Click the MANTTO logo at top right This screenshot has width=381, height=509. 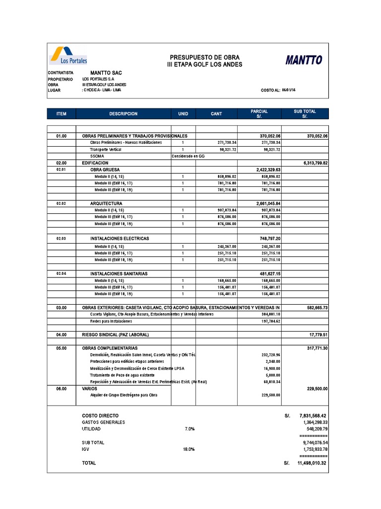coord(303,61)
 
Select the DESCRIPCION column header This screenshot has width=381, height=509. coord(124,114)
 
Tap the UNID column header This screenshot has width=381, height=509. coord(183,114)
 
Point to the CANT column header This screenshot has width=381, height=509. coord(216,114)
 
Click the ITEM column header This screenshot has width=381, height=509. coord(62,114)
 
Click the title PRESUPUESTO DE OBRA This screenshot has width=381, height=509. coord(204,58)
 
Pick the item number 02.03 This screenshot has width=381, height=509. coord(61,239)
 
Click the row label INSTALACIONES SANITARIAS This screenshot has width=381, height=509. coord(119,274)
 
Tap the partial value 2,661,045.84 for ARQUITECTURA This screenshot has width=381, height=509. coord(268,204)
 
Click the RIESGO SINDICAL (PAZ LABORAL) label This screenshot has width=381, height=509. coord(115,335)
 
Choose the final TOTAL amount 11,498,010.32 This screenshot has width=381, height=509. coord(312,463)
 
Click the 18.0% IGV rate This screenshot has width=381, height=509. coord(189,449)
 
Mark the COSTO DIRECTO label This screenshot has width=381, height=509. coord(100,415)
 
